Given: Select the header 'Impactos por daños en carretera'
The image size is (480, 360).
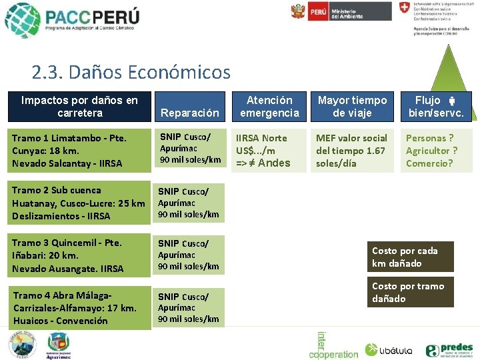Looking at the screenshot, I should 79,107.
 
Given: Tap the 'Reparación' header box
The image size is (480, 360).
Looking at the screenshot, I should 190,113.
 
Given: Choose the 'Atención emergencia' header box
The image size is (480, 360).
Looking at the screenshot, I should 269,107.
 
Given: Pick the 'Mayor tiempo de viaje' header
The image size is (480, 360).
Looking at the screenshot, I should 352,107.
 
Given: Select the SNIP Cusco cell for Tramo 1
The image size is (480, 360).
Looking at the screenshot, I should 190,148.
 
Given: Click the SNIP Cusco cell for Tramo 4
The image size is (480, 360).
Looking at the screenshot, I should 190,307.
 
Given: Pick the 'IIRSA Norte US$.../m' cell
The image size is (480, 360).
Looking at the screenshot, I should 269,150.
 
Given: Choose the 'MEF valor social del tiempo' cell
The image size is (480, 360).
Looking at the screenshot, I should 352,150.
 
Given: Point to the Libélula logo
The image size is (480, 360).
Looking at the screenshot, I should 389,349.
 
